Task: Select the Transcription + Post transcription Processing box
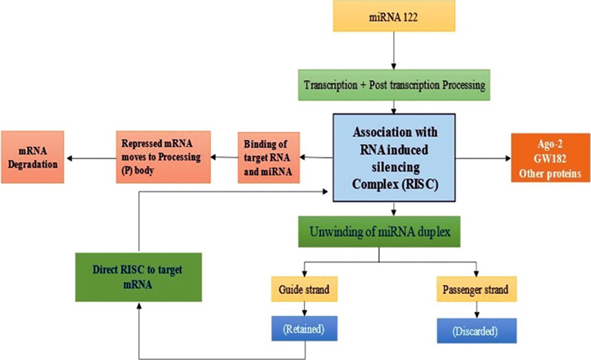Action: (x=394, y=85)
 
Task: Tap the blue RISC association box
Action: (x=394, y=157)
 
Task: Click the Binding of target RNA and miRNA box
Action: (x=269, y=157)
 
